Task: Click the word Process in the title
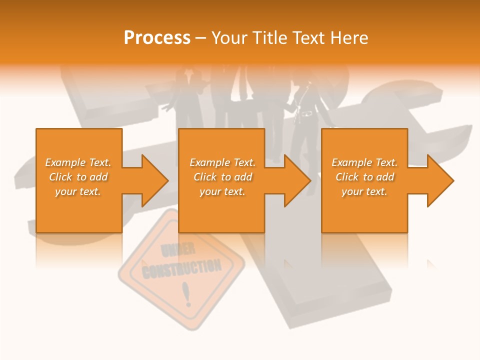point(157,38)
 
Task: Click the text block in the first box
point(78,177)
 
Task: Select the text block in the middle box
point(222,177)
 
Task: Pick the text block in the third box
point(364,177)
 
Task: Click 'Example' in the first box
point(65,162)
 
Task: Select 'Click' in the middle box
point(205,177)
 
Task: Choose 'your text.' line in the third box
point(364,191)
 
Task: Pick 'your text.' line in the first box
point(78,191)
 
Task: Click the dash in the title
point(201,38)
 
